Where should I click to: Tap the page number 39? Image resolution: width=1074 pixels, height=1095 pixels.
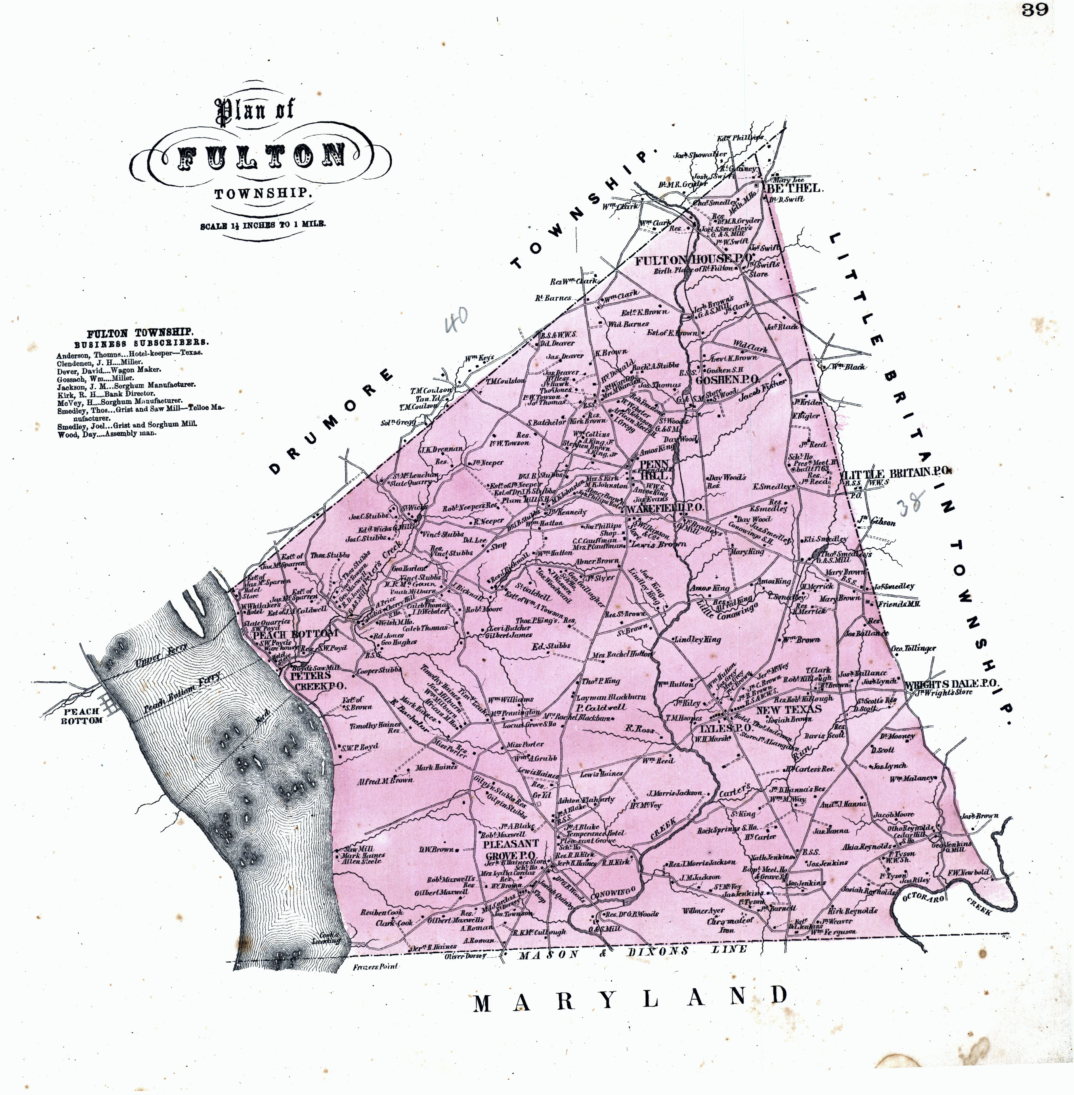[x=1034, y=10]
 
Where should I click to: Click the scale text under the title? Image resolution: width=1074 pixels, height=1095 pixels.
[x=262, y=225]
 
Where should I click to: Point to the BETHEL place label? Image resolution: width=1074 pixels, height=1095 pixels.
[x=793, y=188]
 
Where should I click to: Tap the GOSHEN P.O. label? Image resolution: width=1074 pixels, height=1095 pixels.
[x=727, y=380]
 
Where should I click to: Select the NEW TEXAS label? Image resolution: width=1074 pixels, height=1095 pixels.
[x=789, y=710]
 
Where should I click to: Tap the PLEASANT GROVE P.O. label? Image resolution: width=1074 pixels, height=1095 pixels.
[x=510, y=849]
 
